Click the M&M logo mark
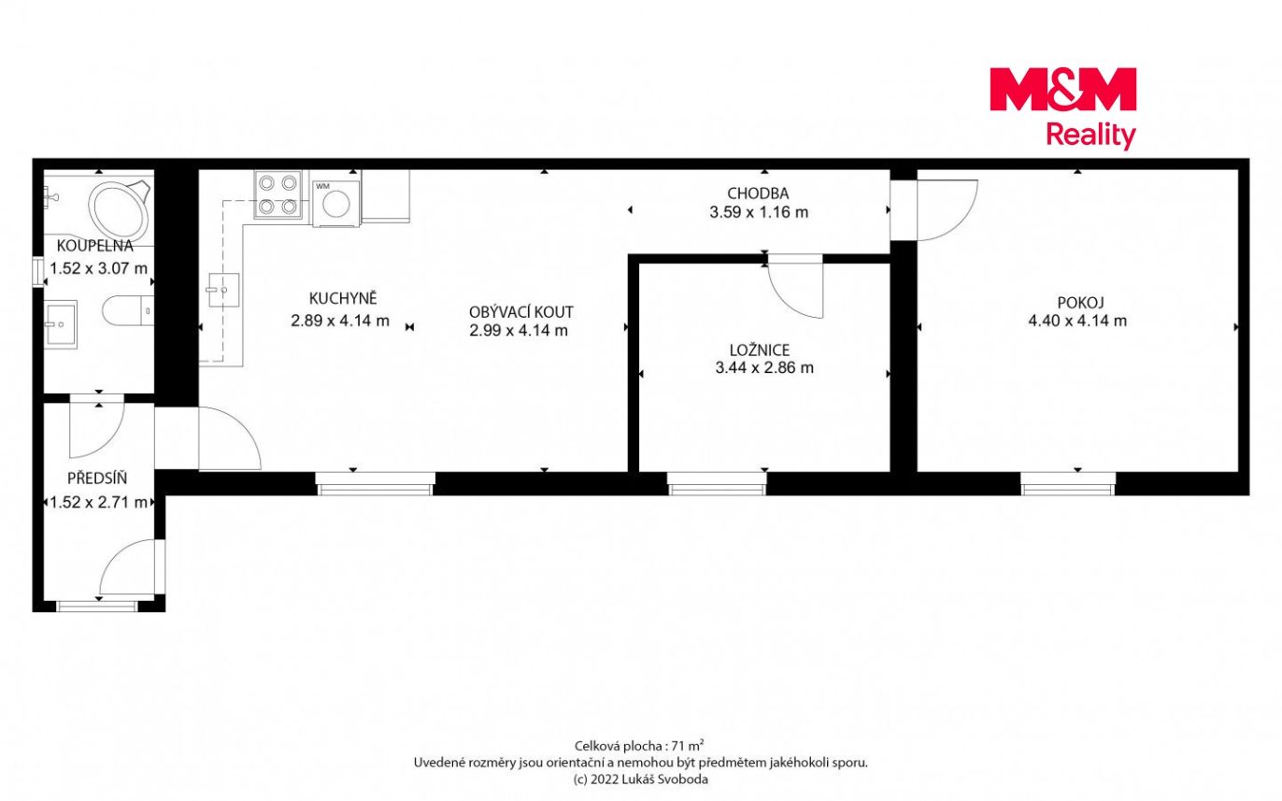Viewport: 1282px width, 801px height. (1062, 89)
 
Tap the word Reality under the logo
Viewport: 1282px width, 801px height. (1090, 136)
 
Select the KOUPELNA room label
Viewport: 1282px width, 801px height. (94, 246)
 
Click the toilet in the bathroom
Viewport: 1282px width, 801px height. (128, 311)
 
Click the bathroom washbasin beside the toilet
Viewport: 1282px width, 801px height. (60, 324)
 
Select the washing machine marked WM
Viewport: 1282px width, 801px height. (336, 203)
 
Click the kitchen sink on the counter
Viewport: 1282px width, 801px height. (223, 290)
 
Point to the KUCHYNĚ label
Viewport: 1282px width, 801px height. (343, 298)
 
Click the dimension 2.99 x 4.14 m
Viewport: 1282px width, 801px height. (519, 330)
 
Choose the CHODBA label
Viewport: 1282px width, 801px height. (758, 193)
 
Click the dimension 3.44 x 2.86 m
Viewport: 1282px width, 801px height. (764, 367)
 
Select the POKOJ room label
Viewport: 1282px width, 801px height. (1080, 302)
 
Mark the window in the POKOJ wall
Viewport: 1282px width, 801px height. (1068, 484)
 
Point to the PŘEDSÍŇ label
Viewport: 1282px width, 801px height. (97, 479)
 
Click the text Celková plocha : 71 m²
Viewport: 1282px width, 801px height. (639, 745)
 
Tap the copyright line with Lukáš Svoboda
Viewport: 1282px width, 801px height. (640, 780)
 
